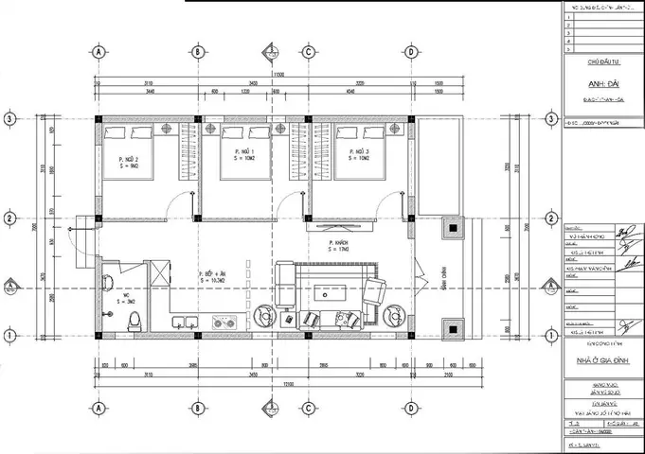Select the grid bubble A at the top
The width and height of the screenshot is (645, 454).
click(x=98, y=51)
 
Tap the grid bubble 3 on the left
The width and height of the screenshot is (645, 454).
click(x=10, y=118)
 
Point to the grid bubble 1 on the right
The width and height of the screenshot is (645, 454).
click(x=549, y=335)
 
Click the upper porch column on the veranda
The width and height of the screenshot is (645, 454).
click(x=455, y=228)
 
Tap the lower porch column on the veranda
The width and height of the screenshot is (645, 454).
click(x=455, y=327)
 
